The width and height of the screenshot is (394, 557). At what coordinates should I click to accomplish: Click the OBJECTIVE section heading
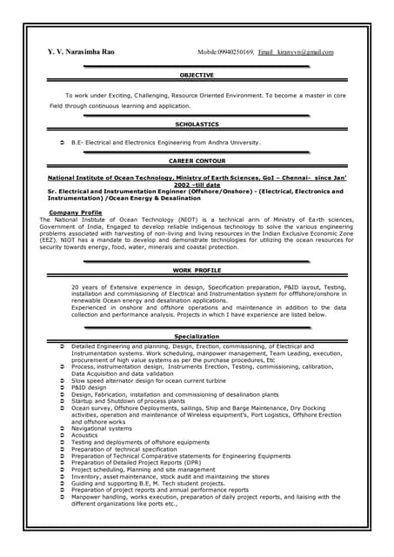click(197, 76)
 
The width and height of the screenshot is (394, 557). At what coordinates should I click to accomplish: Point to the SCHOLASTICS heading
click(197, 124)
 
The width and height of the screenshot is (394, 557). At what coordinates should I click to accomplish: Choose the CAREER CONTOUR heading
click(197, 161)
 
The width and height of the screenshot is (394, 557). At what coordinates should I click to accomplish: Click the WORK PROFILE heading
click(197, 271)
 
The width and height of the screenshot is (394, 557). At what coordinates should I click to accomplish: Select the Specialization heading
click(197, 336)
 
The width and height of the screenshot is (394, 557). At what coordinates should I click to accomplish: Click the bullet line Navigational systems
click(102, 428)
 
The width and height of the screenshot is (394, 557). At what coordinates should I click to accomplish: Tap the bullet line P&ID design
click(89, 387)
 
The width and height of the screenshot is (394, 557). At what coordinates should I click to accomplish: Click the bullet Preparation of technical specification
click(124, 448)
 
